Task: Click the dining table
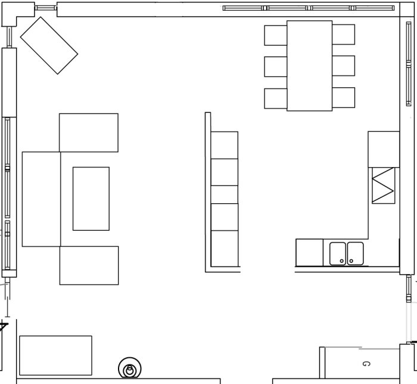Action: click(x=310, y=65)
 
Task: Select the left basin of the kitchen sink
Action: click(x=338, y=253)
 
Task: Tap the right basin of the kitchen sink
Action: click(x=355, y=253)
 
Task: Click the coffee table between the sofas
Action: click(x=91, y=199)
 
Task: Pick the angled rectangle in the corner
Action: click(x=49, y=46)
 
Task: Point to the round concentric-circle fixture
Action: click(x=130, y=368)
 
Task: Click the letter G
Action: click(x=366, y=364)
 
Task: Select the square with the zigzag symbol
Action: click(x=384, y=185)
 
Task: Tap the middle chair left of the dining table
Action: click(x=275, y=67)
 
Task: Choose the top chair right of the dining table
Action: click(x=344, y=34)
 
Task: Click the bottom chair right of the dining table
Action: click(x=344, y=97)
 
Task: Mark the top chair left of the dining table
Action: click(x=275, y=35)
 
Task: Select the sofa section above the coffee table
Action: click(x=89, y=133)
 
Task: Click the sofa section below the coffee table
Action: click(x=89, y=265)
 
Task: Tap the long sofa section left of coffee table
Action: click(x=42, y=199)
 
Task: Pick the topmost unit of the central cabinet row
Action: click(x=225, y=145)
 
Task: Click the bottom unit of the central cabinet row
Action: click(x=225, y=248)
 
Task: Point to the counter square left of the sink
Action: click(x=310, y=253)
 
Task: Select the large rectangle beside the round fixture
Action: click(x=55, y=355)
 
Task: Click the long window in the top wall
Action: click(x=309, y=8)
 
